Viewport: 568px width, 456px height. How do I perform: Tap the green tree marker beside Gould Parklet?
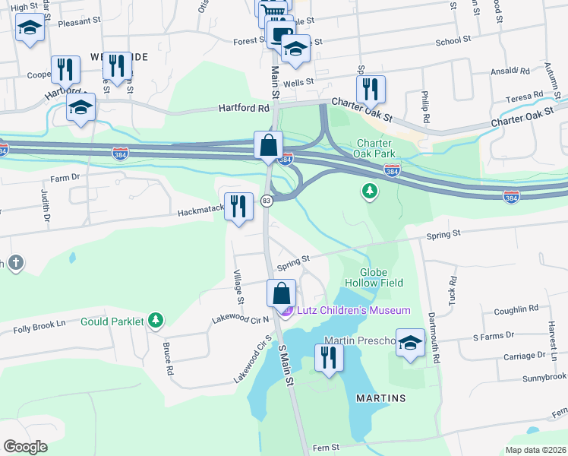click(x=156, y=321)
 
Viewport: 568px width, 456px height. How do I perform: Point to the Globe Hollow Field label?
click(x=373, y=277)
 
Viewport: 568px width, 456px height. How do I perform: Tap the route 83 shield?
click(x=267, y=201)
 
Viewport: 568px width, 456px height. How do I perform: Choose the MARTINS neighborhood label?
click(x=380, y=398)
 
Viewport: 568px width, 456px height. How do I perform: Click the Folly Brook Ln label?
click(x=40, y=329)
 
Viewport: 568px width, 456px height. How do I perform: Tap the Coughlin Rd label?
click(x=516, y=309)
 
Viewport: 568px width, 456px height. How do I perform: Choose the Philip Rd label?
click(x=426, y=107)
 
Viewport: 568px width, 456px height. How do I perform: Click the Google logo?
click(x=25, y=446)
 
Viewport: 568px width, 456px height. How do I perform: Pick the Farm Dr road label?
click(x=65, y=177)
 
